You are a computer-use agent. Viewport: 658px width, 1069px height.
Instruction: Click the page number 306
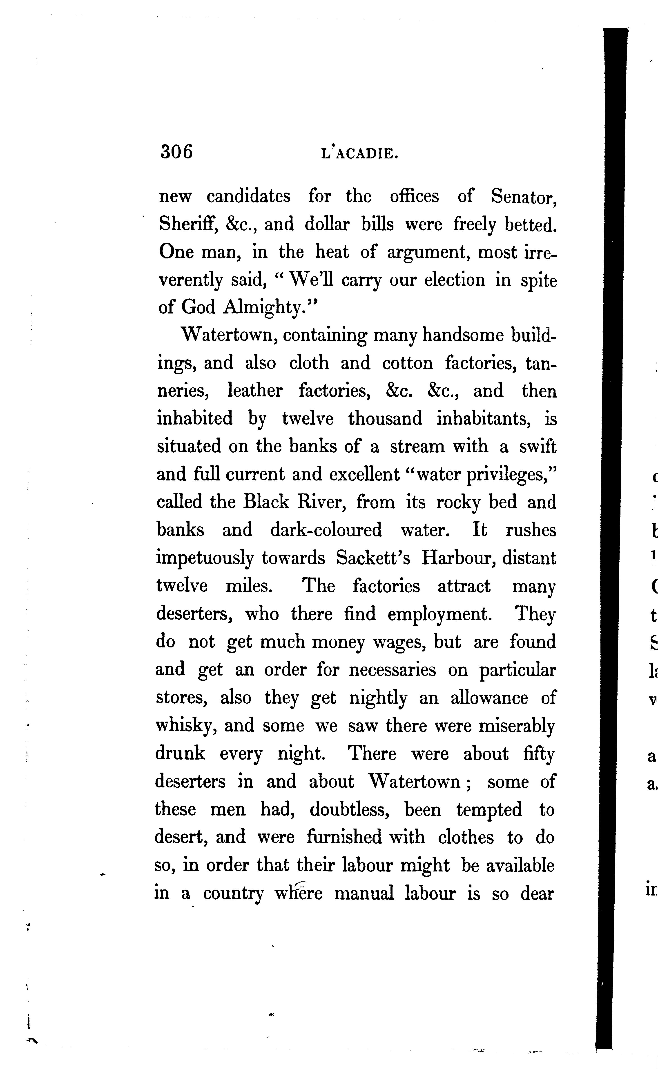coord(176,152)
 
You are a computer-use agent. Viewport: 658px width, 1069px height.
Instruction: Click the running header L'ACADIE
coord(359,154)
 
